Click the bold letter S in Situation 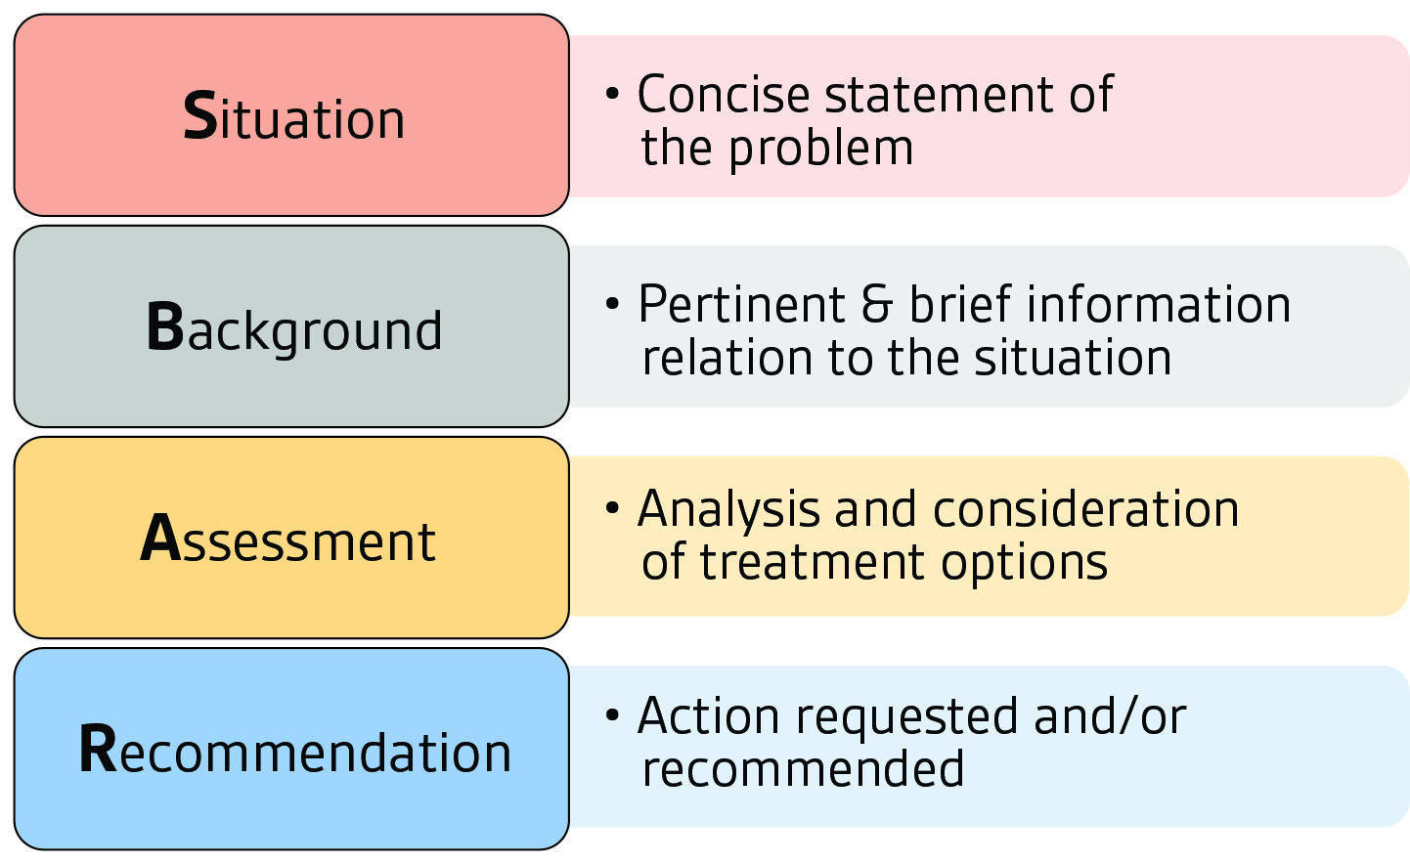200,115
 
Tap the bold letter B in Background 165,326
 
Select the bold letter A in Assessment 160,538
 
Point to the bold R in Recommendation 98,749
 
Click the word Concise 724,95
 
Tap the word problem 820,151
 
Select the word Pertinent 741,305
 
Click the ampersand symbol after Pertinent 877,305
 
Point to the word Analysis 728,511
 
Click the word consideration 1085,509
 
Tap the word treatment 813,563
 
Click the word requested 907,718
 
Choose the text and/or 1111,717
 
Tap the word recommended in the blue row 803,769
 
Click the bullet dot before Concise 612,94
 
